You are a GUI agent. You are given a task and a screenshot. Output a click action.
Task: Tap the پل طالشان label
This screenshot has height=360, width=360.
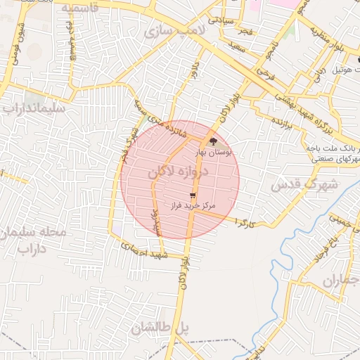point(161,327)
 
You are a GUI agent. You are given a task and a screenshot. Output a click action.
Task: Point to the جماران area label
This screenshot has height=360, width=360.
point(341,281)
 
